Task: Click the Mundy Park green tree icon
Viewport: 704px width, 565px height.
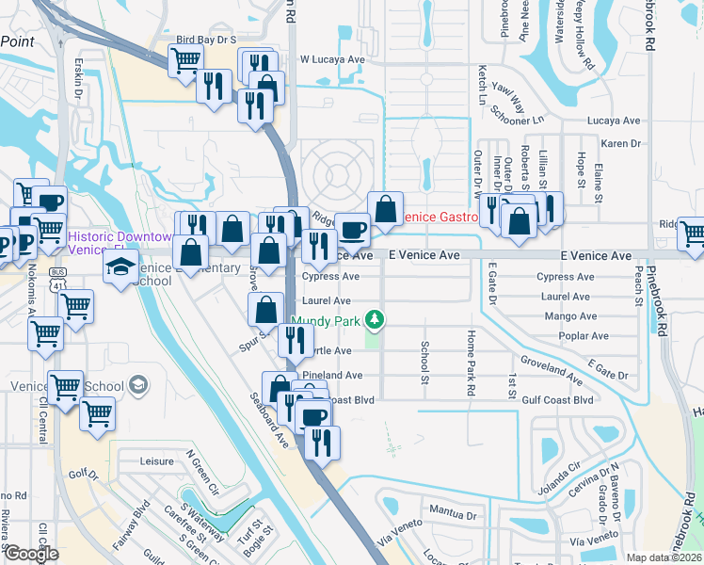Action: point(376,321)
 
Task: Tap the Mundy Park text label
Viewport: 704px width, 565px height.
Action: point(327,321)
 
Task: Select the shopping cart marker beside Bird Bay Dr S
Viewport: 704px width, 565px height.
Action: point(185,60)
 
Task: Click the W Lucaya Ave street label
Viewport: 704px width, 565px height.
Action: point(331,58)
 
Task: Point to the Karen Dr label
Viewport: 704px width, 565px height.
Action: point(620,143)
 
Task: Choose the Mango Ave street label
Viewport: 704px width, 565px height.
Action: point(570,317)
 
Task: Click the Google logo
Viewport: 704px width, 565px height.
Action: point(31,554)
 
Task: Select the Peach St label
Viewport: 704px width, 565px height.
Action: point(639,279)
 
